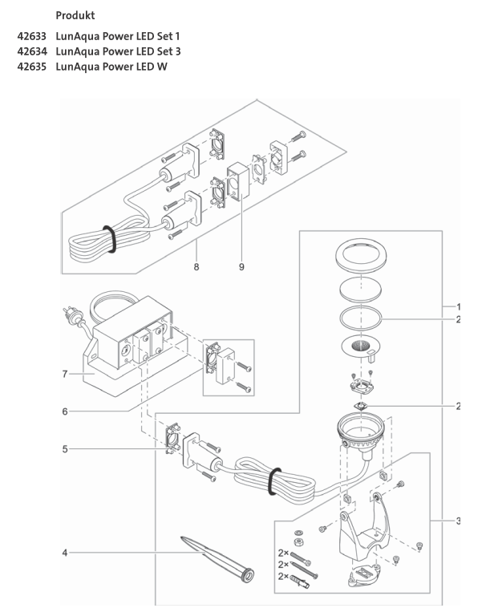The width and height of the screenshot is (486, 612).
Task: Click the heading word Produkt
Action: coord(79,15)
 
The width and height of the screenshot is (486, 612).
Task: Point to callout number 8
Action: coord(196,266)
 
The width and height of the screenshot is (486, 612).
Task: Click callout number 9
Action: coord(241,266)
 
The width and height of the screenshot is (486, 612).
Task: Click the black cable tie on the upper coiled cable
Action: coord(107,237)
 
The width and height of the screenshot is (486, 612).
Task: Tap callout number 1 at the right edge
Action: coord(458,307)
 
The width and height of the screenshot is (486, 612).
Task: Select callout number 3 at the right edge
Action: coord(458,521)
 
